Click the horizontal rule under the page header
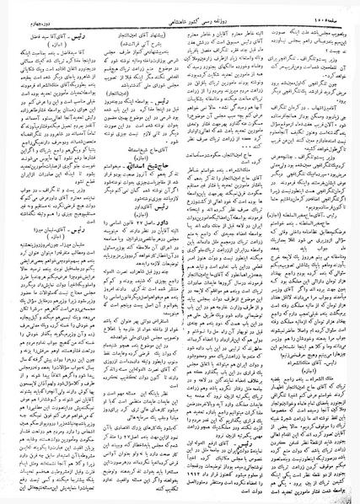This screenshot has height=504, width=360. tap(180, 17)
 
